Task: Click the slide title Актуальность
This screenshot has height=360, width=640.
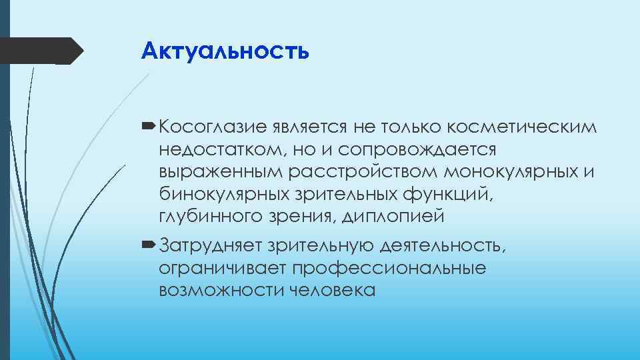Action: pos(225,50)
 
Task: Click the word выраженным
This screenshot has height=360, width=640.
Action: pos(221,172)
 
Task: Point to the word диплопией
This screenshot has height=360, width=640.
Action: pos(393,217)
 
